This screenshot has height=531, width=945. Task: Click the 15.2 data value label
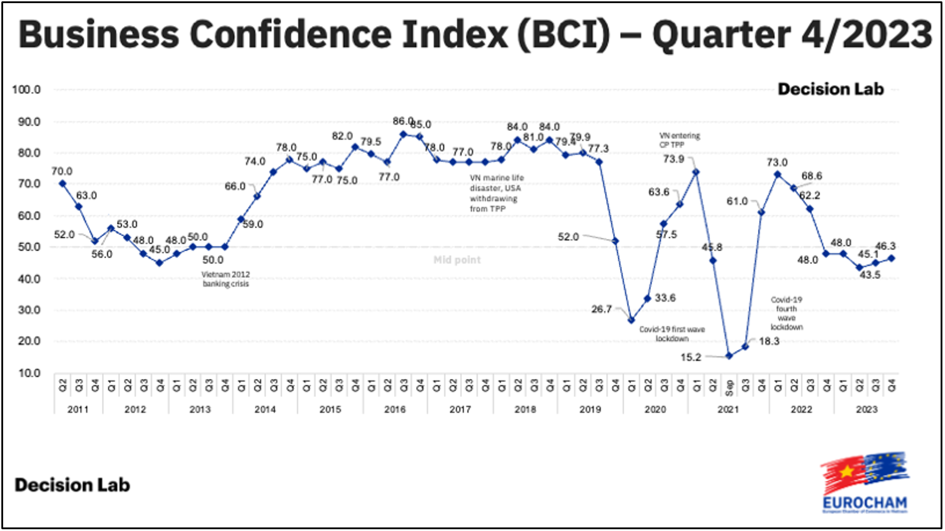tap(691, 357)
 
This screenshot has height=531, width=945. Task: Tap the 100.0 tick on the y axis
tap(26, 90)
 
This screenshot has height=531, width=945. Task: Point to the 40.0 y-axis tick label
tap(29, 279)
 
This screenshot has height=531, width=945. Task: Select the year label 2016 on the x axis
tap(395, 409)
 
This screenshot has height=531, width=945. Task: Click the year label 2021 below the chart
tap(728, 409)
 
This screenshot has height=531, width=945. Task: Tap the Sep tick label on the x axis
tap(729, 387)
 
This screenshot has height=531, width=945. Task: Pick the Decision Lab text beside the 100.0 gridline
tap(831, 89)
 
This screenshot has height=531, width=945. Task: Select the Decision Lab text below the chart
tap(72, 485)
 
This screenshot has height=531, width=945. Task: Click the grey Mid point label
tap(457, 260)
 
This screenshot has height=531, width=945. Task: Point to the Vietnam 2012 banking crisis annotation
tap(225, 279)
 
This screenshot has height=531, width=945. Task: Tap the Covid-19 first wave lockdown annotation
tap(672, 334)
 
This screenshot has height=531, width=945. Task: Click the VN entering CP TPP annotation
tap(679, 140)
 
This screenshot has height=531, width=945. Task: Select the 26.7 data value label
tap(601, 309)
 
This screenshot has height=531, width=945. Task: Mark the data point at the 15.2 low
tap(729, 356)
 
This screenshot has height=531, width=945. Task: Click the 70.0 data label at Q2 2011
tap(62, 171)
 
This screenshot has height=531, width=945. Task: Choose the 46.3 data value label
tap(885, 246)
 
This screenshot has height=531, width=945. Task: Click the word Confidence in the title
tap(290, 34)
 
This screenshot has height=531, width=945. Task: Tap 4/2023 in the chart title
tap(866, 34)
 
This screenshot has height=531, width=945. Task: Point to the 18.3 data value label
tap(769, 341)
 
